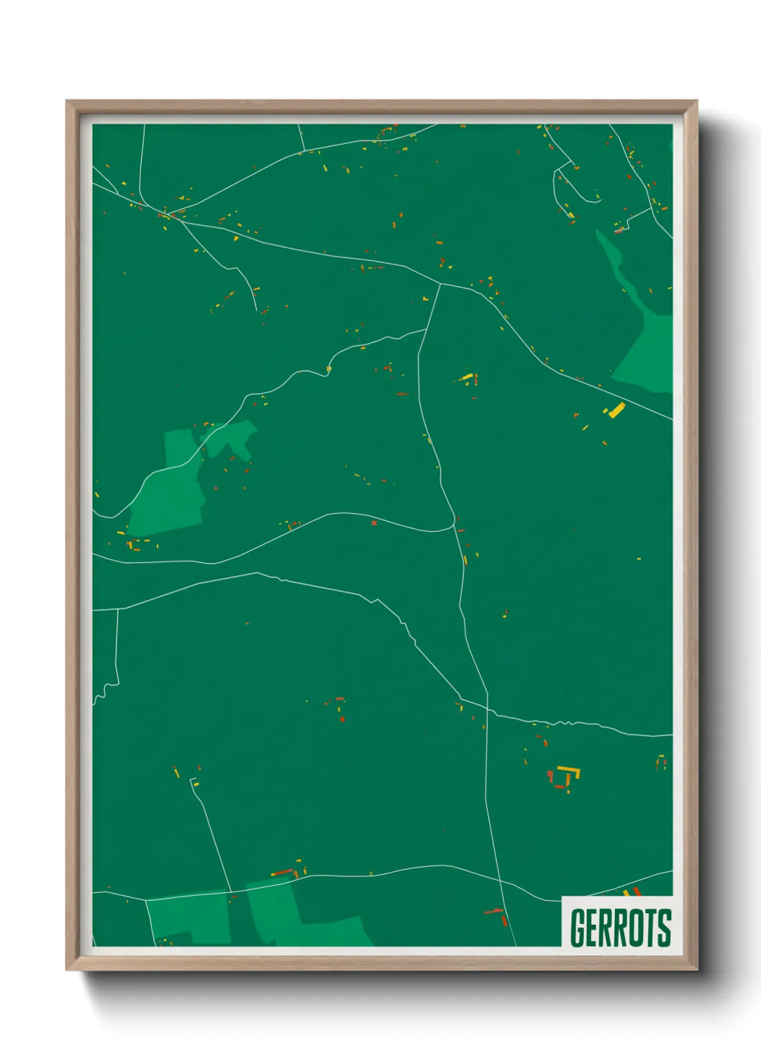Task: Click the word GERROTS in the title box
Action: pyautogui.click(x=620, y=927)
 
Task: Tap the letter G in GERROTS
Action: pyautogui.click(x=578, y=927)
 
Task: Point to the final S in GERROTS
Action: pyautogui.click(x=665, y=927)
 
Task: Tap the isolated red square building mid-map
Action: pyautogui.click(x=374, y=523)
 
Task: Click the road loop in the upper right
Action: pyautogui.click(x=575, y=183)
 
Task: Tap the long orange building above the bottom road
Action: pyautogui.click(x=283, y=873)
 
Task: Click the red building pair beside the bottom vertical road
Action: pyautogui.click(x=499, y=916)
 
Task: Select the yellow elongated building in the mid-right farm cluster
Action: pyautogui.click(x=468, y=377)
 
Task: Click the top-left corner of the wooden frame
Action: pyautogui.click(x=68, y=102)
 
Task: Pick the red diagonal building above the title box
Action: pyautogui.click(x=636, y=892)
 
